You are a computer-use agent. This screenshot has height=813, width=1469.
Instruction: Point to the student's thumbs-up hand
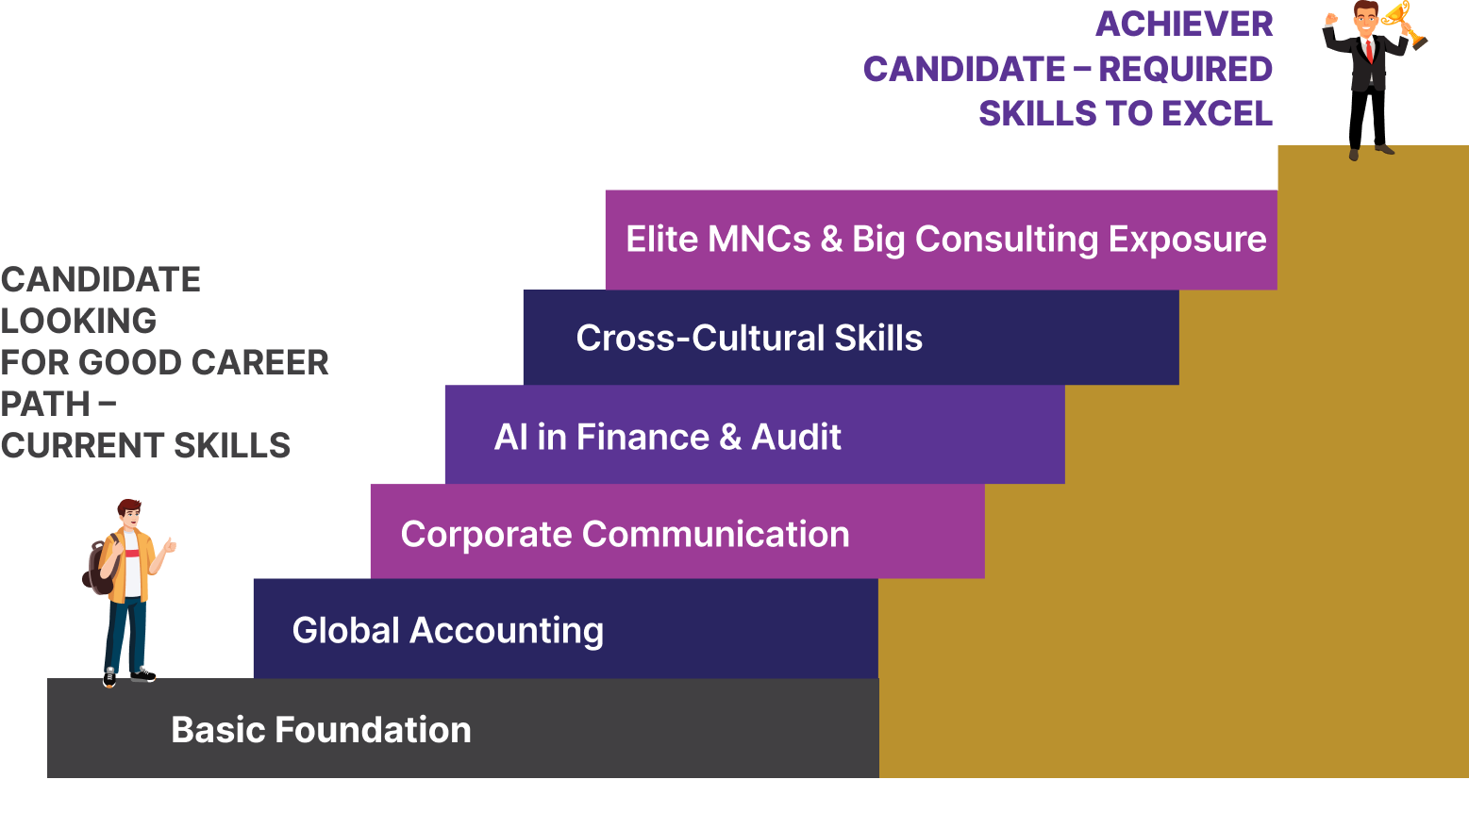(x=169, y=545)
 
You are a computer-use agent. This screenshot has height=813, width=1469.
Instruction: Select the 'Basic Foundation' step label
(x=321, y=730)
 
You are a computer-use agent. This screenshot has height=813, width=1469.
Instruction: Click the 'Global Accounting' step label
(x=447, y=630)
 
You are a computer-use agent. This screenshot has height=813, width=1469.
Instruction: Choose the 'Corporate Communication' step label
(x=625, y=534)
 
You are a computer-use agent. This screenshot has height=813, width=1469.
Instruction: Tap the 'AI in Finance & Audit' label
(x=667, y=437)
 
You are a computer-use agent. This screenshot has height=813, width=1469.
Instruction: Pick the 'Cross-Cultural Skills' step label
(x=749, y=338)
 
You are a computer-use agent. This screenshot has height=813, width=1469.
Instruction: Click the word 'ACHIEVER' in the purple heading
(x=1184, y=25)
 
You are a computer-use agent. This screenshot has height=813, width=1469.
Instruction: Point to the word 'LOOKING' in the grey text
(x=78, y=321)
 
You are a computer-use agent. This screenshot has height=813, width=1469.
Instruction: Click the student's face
(x=130, y=518)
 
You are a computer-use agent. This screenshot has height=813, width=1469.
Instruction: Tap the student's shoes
(x=127, y=675)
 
